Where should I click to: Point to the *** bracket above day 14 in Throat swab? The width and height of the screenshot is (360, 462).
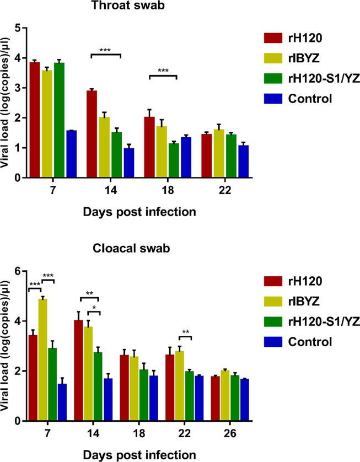pyautogui.click(x=105, y=54)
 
